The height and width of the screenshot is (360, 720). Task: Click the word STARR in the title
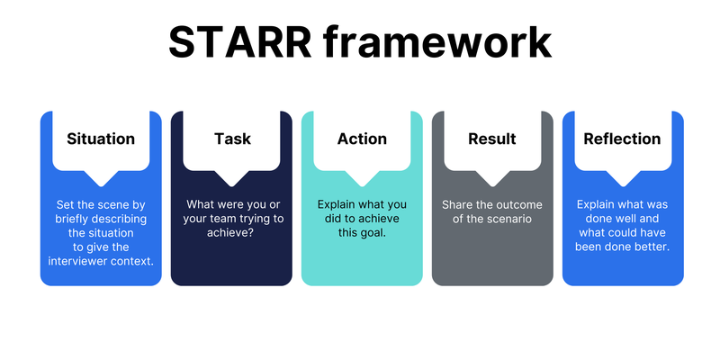[240, 42]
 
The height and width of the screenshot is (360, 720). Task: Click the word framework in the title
[436, 42]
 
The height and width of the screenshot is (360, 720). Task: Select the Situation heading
[101, 139]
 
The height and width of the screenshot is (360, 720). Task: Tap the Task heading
[232, 139]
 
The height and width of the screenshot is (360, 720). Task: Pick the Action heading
[362, 139]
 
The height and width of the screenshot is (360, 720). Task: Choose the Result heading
[492, 139]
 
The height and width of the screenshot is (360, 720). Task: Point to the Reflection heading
[622, 139]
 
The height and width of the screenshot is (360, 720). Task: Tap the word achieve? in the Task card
[231, 233]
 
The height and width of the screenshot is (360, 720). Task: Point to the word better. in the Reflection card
[652, 247]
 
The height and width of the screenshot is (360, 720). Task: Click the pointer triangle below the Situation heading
[101, 178]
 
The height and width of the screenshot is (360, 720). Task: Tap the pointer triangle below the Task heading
[231, 178]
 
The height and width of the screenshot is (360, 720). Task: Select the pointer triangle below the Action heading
[362, 178]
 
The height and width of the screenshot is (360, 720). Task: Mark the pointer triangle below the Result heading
[492, 178]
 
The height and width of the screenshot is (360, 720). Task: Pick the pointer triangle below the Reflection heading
[623, 178]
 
